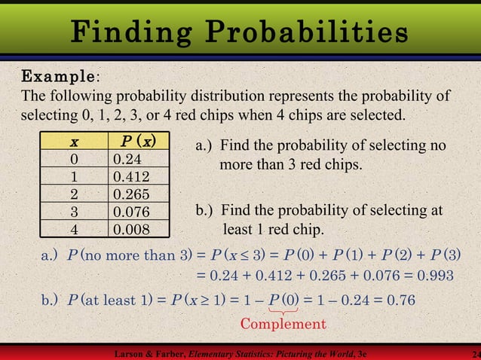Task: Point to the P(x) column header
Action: [138, 142]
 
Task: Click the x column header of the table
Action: [74, 142]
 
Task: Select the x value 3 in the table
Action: [74, 212]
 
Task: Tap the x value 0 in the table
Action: [74, 160]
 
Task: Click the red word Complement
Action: [283, 324]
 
